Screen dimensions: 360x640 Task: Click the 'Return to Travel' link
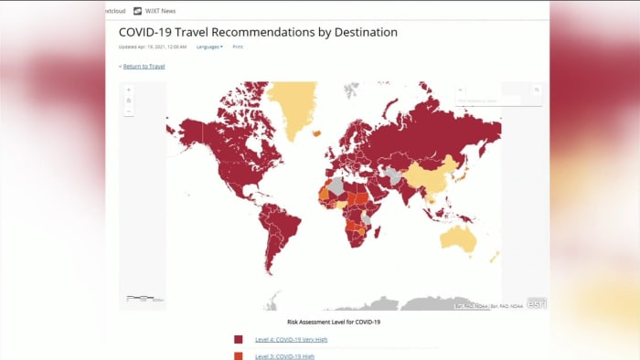(144, 66)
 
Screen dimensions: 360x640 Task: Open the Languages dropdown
(209, 47)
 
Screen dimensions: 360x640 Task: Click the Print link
(238, 47)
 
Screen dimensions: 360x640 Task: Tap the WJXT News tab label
(159, 11)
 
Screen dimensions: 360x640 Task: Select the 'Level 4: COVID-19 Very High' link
(291, 339)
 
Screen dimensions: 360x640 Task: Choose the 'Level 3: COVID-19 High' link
(284, 355)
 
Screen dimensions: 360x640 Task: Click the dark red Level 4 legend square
(239, 339)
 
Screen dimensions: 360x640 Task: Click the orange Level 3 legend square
(239, 355)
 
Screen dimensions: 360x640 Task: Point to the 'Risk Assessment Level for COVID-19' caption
(334, 322)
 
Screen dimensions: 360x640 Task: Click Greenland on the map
(295, 105)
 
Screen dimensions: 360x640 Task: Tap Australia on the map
(466, 238)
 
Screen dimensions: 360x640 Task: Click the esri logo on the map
(536, 303)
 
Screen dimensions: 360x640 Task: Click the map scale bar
(144, 298)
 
